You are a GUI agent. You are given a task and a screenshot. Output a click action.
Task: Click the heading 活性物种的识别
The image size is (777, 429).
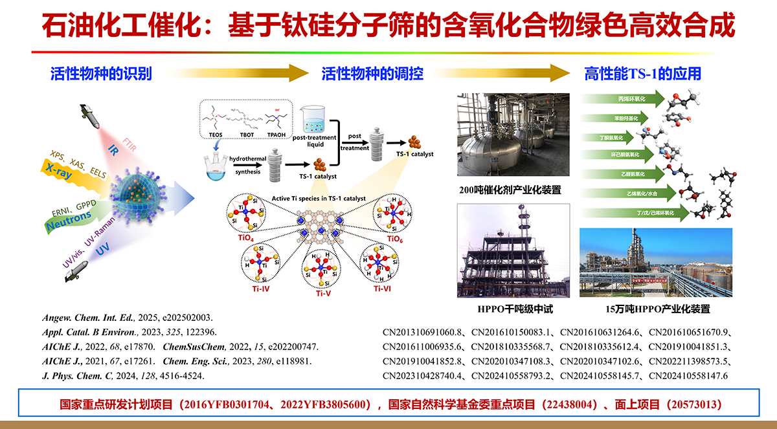click(101, 74)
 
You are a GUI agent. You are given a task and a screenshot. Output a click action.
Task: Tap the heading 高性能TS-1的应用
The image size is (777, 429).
click(642, 74)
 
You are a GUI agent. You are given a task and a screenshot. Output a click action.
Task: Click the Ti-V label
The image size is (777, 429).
click(324, 293)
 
